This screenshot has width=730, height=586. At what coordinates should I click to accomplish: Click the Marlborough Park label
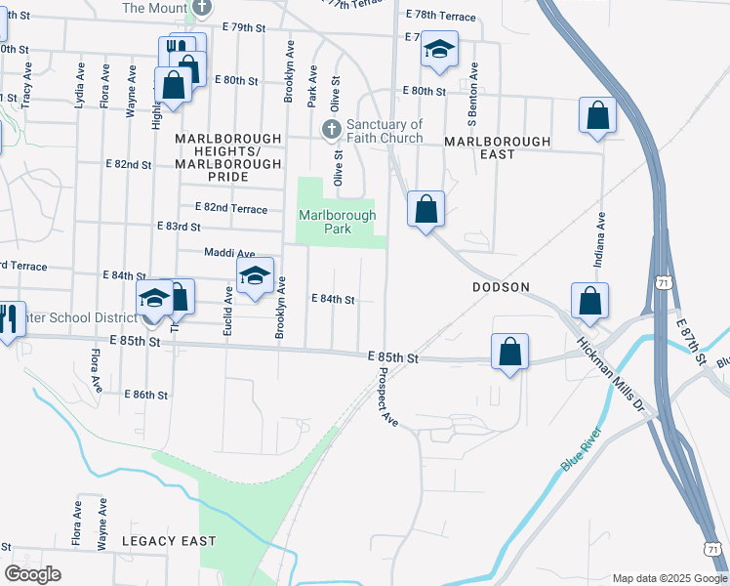point(336,223)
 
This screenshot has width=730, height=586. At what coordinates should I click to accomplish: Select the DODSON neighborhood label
point(500,287)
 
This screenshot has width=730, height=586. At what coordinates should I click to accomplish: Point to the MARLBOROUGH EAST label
point(497,142)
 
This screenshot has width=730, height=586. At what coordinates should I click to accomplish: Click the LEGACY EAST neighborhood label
point(169,540)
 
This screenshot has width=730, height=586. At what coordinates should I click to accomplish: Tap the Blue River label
point(583,449)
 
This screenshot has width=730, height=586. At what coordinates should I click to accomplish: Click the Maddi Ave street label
point(228,253)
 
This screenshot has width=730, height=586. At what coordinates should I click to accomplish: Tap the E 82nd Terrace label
point(231,207)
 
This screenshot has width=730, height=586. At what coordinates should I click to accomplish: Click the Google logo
point(32,574)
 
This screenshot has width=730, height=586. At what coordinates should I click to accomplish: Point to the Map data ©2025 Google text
point(669,578)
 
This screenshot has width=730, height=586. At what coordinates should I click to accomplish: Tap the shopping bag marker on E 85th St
point(509,353)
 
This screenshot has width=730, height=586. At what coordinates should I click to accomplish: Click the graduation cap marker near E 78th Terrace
point(439,50)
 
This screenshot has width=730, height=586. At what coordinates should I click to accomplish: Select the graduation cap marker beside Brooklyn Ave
point(255,276)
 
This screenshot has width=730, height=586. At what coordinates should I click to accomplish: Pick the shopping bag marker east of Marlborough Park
point(426,209)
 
